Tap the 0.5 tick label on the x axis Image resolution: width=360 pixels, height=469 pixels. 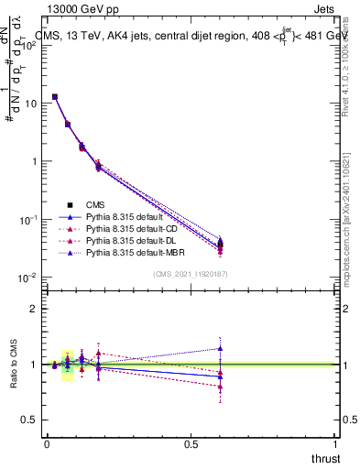click(191, 443)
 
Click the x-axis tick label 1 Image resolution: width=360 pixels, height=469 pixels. click(336, 443)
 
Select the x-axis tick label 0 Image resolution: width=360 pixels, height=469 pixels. click(47, 443)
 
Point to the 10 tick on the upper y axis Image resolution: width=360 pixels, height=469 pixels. click(31, 104)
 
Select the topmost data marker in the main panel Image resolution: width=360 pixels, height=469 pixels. click(55, 96)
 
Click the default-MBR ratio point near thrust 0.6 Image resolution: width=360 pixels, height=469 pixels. click(220, 348)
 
